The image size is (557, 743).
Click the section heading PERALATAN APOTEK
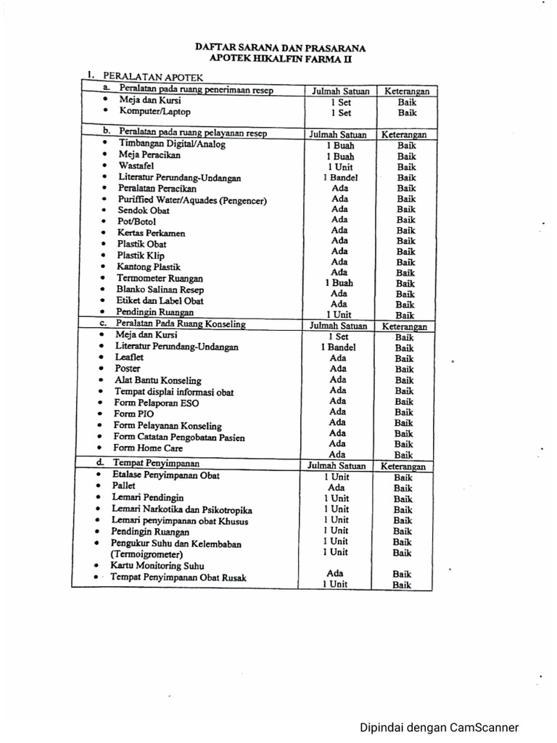tap(153, 75)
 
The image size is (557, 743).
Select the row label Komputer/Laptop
tap(154, 112)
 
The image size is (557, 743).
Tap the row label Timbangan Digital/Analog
tap(172, 144)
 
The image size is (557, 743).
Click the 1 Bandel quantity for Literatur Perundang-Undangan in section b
tap(340, 177)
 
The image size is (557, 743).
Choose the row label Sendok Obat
tap(144, 210)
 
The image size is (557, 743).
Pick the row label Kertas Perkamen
tap(151, 233)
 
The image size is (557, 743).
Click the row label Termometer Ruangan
tap(160, 278)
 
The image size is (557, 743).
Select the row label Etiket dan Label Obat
tap(160, 300)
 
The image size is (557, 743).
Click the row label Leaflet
tap(129, 358)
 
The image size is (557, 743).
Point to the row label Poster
tap(128, 369)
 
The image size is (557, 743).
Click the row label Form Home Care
tap(148, 448)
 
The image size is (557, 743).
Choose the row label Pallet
tap(124, 485)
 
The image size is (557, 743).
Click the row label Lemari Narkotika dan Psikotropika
tap(182, 509)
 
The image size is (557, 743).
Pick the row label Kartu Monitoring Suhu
tap(157, 565)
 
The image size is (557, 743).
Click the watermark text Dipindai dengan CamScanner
tap(440, 728)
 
